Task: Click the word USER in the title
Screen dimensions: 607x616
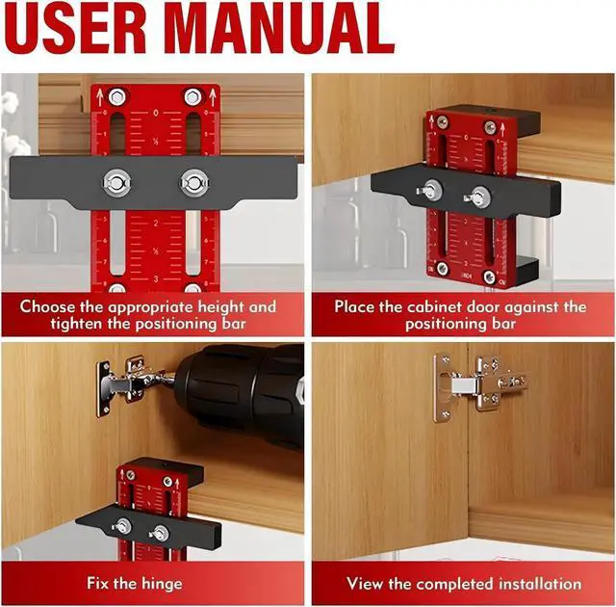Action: [91, 29]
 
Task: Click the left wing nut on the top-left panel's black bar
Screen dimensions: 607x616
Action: [118, 181]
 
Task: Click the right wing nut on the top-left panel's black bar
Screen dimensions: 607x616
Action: [193, 181]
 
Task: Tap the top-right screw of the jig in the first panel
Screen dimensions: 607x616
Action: [193, 96]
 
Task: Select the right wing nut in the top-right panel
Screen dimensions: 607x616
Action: [476, 198]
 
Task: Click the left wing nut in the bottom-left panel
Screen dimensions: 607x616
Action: [122, 527]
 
